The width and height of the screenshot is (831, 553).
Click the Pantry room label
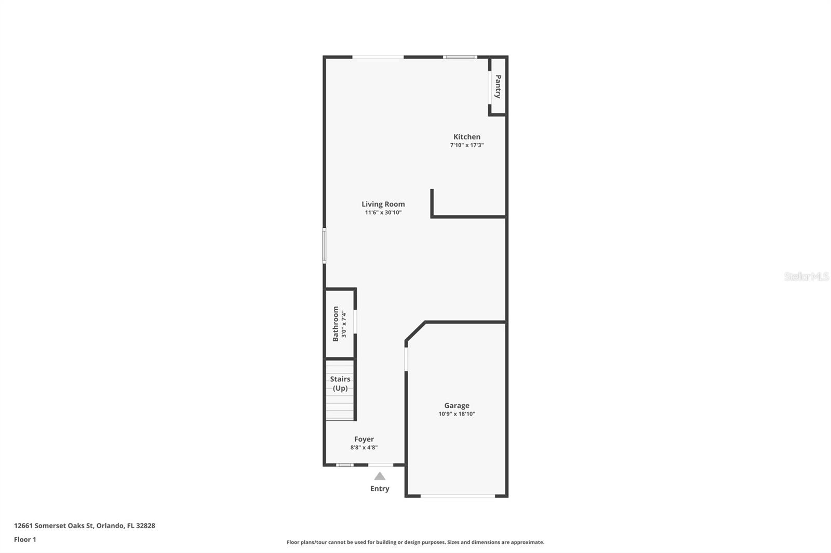(498, 87)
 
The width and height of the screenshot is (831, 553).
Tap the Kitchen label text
(466, 137)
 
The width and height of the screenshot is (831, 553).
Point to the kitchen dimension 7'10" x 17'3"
(466, 145)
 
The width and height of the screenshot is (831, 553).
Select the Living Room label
(383, 204)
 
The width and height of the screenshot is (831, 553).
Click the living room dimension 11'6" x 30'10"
(383, 213)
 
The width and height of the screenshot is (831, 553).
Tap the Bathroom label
(336, 324)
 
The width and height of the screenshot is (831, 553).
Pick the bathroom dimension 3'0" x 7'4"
(344, 324)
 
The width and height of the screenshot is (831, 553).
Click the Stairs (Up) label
(340, 383)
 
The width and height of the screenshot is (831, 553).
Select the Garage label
(457, 406)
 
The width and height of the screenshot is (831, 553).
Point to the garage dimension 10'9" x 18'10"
(457, 414)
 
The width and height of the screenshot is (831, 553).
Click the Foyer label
(364, 439)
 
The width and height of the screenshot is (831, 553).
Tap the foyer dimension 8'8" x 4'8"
(364, 448)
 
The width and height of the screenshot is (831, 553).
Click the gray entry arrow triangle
(380, 476)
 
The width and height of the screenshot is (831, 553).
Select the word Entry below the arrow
(380, 489)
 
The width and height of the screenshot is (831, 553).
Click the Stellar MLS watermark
(806, 276)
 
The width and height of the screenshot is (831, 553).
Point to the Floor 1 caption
(25, 540)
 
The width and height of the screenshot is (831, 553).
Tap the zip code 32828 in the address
(145, 526)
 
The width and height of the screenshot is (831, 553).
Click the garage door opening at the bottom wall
(458, 496)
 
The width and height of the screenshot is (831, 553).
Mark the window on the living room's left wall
(324, 246)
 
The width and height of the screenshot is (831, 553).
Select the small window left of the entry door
(344, 465)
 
